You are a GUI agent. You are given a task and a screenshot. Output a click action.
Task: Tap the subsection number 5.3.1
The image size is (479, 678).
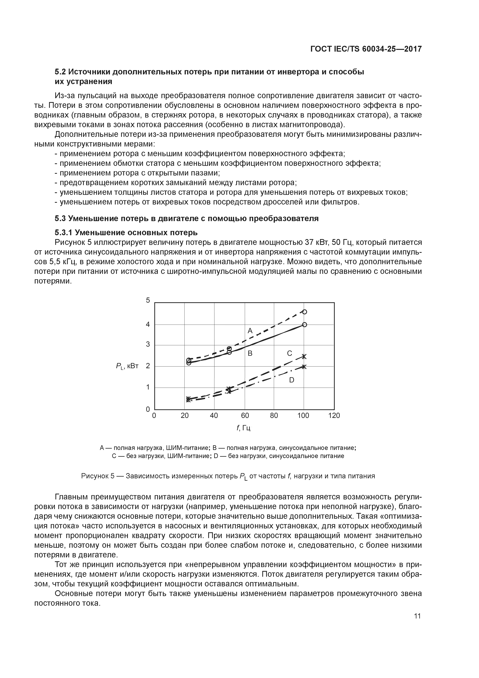click(x=64, y=233)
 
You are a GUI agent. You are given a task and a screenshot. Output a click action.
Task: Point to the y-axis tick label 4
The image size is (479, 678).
click(x=148, y=324)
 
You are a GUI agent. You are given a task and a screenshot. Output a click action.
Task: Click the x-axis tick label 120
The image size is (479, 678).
click(x=334, y=416)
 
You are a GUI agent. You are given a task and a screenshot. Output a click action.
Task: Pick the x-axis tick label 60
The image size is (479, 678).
click(x=245, y=416)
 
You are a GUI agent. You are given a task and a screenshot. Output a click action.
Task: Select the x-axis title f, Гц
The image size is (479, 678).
click(x=244, y=428)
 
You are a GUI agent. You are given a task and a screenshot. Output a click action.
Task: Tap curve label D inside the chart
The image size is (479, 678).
click(x=291, y=380)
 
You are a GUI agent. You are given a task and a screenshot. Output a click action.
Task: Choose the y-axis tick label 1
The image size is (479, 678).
click(x=148, y=387)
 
